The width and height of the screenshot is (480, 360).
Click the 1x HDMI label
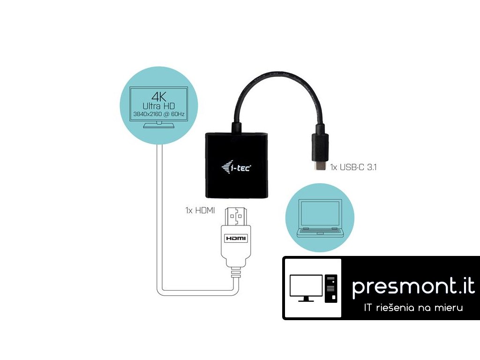[x=200, y=211]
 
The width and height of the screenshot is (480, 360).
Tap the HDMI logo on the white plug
[x=236, y=238]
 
